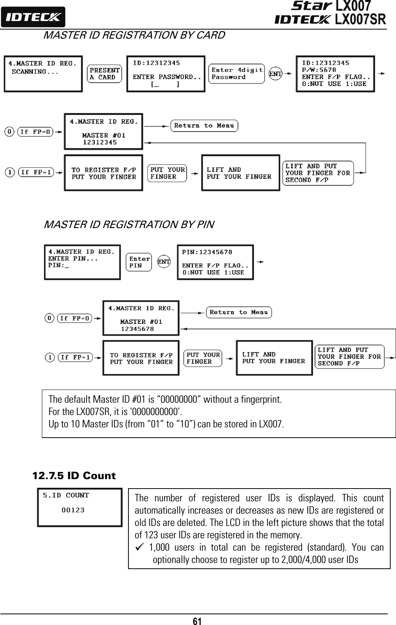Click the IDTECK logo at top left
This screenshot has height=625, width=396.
coord(33,17)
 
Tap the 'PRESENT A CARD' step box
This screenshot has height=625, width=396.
coord(105,74)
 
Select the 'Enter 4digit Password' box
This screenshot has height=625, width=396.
coord(236,74)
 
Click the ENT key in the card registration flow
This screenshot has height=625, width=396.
coord(275,74)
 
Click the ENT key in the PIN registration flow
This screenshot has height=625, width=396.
coord(164,262)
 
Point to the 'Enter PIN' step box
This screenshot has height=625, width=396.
coord(139,262)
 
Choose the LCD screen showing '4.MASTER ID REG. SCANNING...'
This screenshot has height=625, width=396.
coord(43,74)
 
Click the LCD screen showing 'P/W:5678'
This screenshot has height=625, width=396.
coord(335,74)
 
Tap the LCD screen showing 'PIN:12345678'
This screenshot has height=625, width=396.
coord(215,262)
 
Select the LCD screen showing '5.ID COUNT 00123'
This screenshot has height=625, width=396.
coord(80,507)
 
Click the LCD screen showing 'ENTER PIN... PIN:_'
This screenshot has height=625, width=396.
coord(82,262)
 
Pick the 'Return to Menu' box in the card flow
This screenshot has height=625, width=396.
coord(204,126)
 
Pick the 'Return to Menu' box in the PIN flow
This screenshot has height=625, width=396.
coord(238,312)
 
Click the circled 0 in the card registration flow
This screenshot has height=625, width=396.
coord(9,132)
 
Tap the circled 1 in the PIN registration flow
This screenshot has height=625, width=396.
coord(49,357)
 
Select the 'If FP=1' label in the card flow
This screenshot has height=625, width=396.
coord(36,172)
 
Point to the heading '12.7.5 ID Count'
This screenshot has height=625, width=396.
coord(74,476)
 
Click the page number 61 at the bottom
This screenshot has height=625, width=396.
coord(197,621)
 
